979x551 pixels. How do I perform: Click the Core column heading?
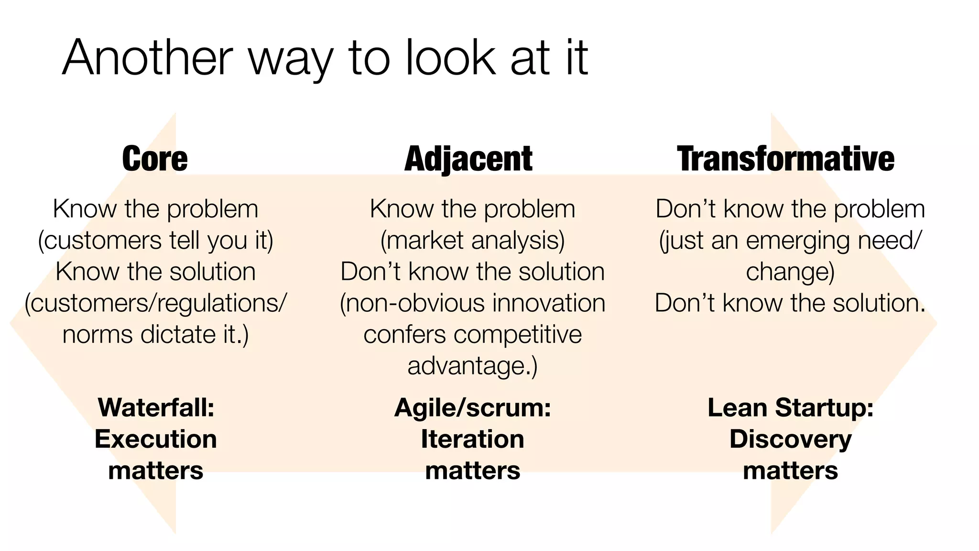tap(155, 159)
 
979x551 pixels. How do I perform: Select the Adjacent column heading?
tap(468, 159)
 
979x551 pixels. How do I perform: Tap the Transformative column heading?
tap(785, 159)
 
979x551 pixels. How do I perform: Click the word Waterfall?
tap(154, 408)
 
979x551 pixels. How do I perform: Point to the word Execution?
tap(156, 439)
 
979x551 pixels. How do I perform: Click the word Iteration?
tap(472, 439)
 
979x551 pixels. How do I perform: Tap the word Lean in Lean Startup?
tap(737, 408)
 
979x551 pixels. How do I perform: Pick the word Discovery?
tap(790, 440)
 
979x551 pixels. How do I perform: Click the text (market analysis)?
tap(472, 240)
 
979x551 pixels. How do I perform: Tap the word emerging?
tap(798, 241)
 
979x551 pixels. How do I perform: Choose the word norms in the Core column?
tap(98, 334)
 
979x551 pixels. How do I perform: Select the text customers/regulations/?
tap(156, 303)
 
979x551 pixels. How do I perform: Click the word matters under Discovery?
tap(790, 471)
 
